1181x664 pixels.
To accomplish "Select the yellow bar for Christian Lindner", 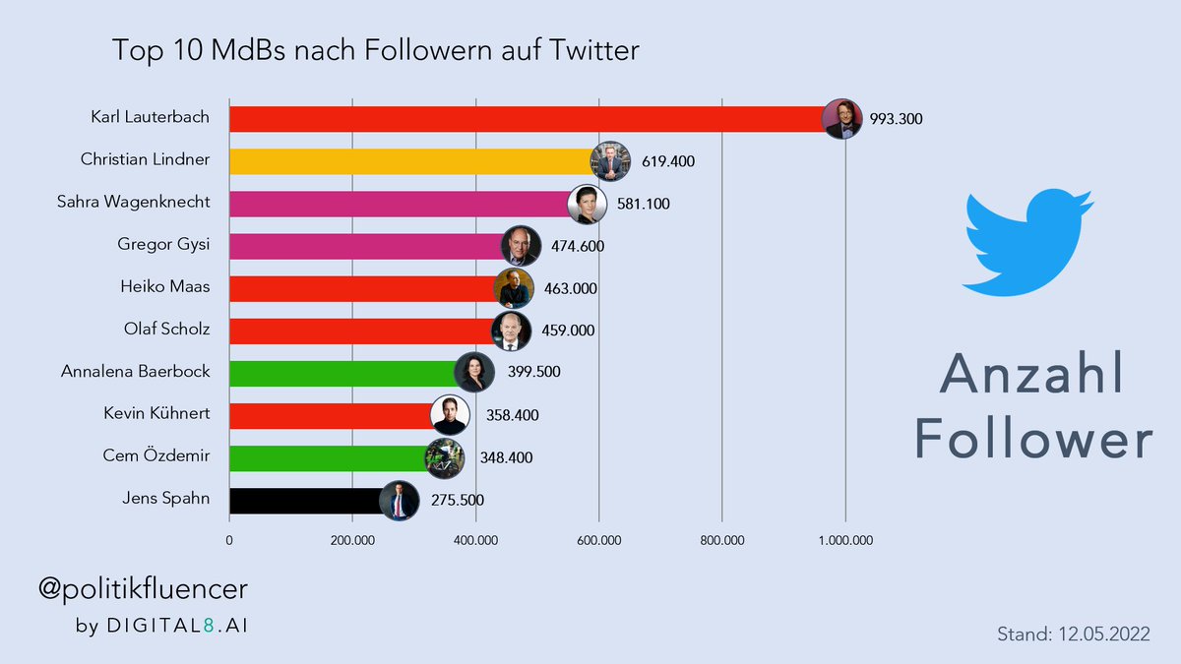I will pos(408,161).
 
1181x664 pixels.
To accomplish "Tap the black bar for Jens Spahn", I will pos(305,501).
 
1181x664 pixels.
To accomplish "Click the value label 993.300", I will pos(896,119).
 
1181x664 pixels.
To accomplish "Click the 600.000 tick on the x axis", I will pos(598,540).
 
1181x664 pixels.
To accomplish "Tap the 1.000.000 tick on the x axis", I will pos(844,540).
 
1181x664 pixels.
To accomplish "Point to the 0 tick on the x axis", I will pos(229,540).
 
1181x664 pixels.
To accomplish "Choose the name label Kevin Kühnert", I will pos(156,415).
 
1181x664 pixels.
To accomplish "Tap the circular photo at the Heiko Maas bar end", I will pos(514,288).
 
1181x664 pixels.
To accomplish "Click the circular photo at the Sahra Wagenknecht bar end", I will pos(589,204).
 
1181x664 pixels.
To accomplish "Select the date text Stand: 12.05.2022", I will pos(1073,634).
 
